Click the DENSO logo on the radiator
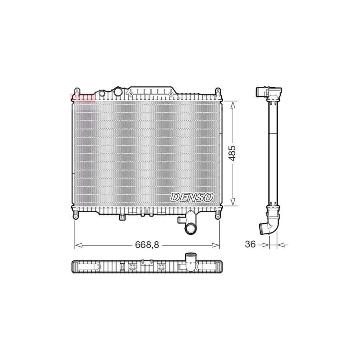[x=192, y=197]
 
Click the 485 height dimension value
[x=232, y=153]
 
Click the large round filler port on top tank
[x=118, y=92]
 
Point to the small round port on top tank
[x=102, y=94]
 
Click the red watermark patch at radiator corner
[x=82, y=97]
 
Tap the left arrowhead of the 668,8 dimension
[x=77, y=245]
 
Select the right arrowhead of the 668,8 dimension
[x=217, y=245]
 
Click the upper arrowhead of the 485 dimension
[x=233, y=103]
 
